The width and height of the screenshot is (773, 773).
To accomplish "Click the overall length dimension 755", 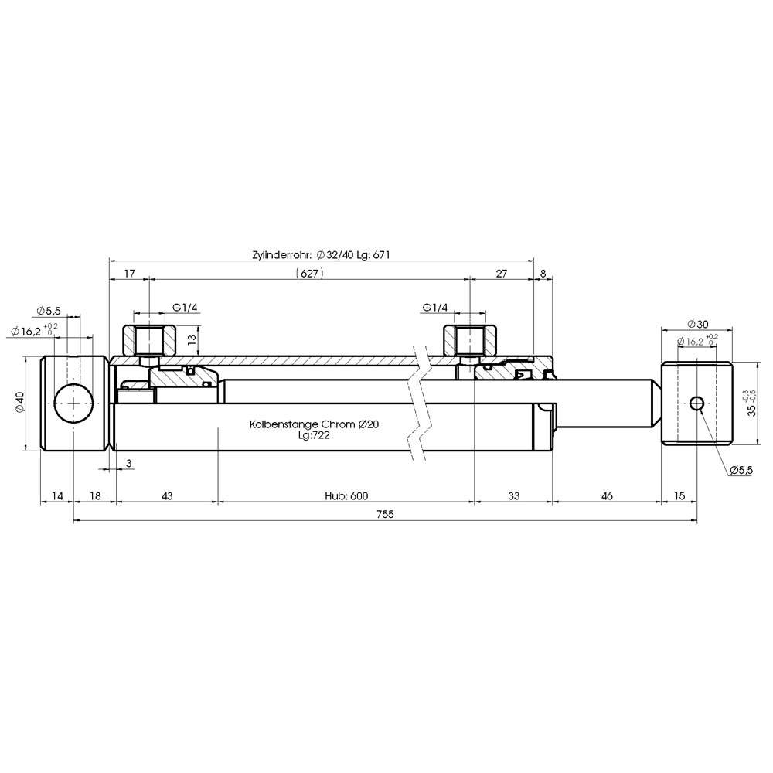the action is click(385, 514).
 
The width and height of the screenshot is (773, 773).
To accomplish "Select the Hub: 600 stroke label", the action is click(346, 495).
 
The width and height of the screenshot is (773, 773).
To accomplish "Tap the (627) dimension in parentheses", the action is click(309, 273).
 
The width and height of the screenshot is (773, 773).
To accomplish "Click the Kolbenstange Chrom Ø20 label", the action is click(314, 424).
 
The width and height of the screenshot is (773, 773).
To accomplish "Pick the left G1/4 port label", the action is click(185, 308).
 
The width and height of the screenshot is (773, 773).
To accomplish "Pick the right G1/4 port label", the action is click(434, 308).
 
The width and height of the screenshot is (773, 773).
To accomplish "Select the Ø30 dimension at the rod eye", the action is click(697, 324).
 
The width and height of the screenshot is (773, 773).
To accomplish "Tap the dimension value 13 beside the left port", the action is click(192, 339).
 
